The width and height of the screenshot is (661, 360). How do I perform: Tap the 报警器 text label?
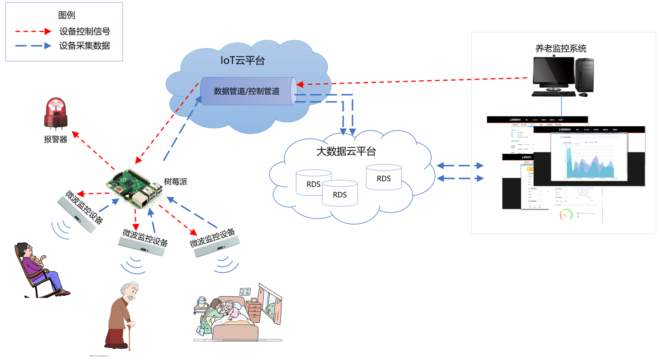(56, 139)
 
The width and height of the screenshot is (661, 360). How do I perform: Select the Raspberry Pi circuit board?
(134, 188)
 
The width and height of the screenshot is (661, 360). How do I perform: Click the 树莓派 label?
(175, 182)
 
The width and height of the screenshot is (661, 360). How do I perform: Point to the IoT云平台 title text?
(242, 60)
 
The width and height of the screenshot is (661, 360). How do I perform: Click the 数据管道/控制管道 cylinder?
(248, 91)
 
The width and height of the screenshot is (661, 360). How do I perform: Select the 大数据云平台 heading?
(346, 151)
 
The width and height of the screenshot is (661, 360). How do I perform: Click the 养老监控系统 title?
(561, 49)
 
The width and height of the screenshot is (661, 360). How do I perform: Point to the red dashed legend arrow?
(33, 31)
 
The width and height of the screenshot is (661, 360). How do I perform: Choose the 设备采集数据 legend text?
(84, 46)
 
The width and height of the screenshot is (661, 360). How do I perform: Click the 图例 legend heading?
(66, 15)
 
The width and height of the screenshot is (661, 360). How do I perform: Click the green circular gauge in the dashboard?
(565, 215)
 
